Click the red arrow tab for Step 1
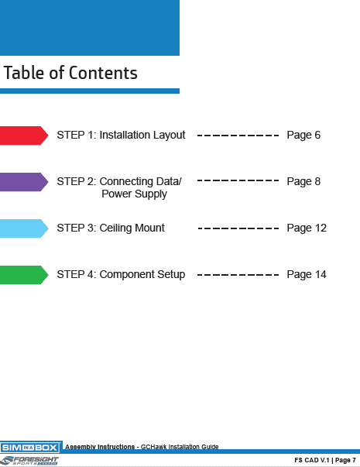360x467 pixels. click(24, 136)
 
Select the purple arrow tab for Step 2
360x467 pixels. click(24, 182)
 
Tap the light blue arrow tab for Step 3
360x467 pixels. click(24, 228)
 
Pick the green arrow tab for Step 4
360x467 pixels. click(24, 275)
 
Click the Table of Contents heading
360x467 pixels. click(70, 73)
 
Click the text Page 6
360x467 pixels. click(303, 136)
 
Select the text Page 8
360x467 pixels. click(303, 181)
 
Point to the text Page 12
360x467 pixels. click(307, 228)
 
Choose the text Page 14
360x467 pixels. click(307, 274)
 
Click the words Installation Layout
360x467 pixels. click(142, 136)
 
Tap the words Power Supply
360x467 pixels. click(134, 194)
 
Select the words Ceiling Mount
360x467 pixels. click(132, 228)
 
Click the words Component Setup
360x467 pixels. click(142, 275)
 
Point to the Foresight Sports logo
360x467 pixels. click(29, 461)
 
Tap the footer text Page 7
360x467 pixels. click(345, 460)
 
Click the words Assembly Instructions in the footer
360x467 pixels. click(100, 447)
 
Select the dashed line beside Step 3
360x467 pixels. click(238, 228)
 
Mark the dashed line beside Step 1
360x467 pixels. click(238, 136)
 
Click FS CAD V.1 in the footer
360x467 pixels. click(312, 460)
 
